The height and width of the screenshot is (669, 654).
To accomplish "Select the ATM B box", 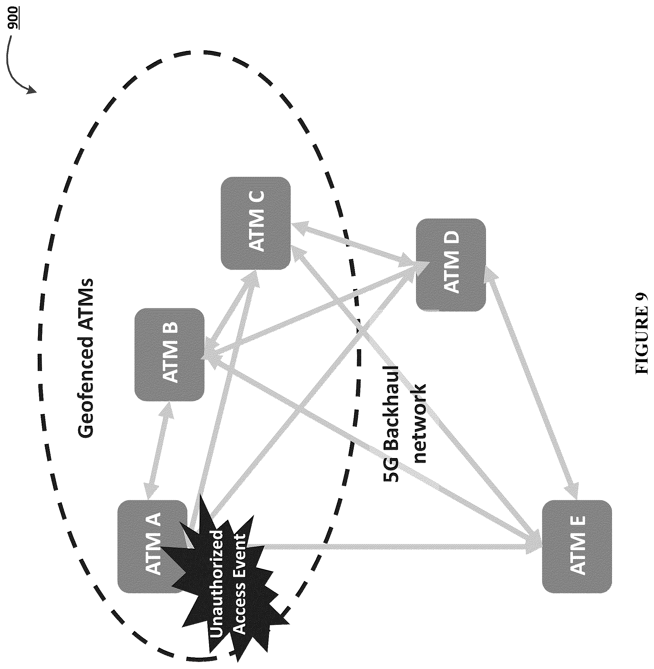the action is pos(169,354).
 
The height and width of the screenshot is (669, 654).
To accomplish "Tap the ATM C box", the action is pos(255,223).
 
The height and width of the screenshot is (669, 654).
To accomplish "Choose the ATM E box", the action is pos(577,546).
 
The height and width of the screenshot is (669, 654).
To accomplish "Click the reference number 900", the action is pos(14,17).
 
